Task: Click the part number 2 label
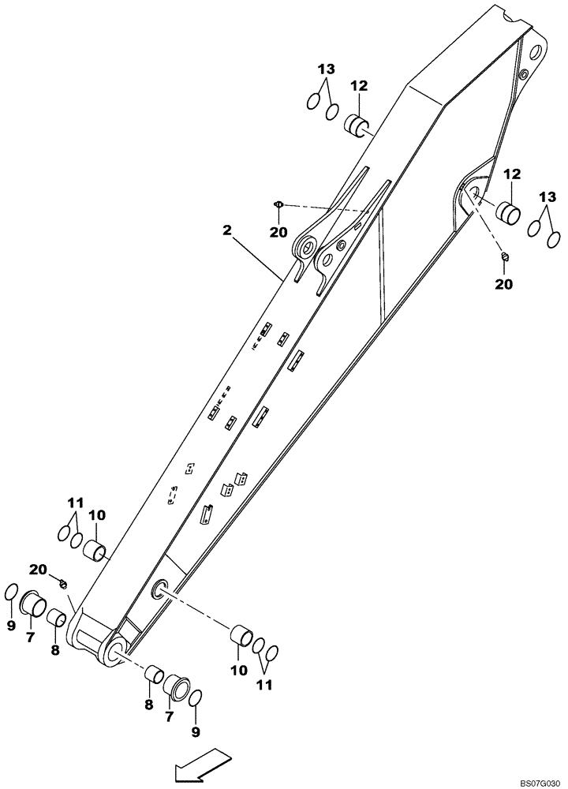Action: (x=227, y=230)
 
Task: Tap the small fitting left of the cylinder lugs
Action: (x=278, y=205)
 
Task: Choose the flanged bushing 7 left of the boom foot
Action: (x=32, y=604)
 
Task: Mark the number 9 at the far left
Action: (x=10, y=625)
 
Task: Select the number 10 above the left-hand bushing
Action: (x=96, y=516)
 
